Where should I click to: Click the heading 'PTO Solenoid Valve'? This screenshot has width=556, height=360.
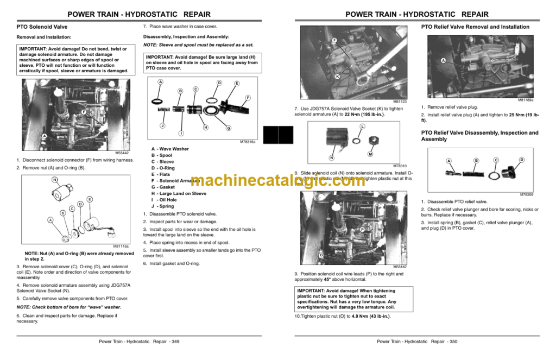coord(42,27)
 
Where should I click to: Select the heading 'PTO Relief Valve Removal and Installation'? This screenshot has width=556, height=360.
coord(475,27)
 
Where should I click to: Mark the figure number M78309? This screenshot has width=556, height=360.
coord(526,194)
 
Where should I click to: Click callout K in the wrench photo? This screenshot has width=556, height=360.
coord(337,77)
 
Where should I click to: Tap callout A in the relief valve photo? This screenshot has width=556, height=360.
coord(443,61)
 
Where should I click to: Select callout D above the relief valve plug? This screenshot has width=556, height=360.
coord(521,160)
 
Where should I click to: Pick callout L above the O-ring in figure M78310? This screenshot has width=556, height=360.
coord(362,127)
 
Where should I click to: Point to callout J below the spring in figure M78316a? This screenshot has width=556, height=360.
coord(162,125)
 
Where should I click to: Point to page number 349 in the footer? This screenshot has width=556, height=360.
coord(174,342)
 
